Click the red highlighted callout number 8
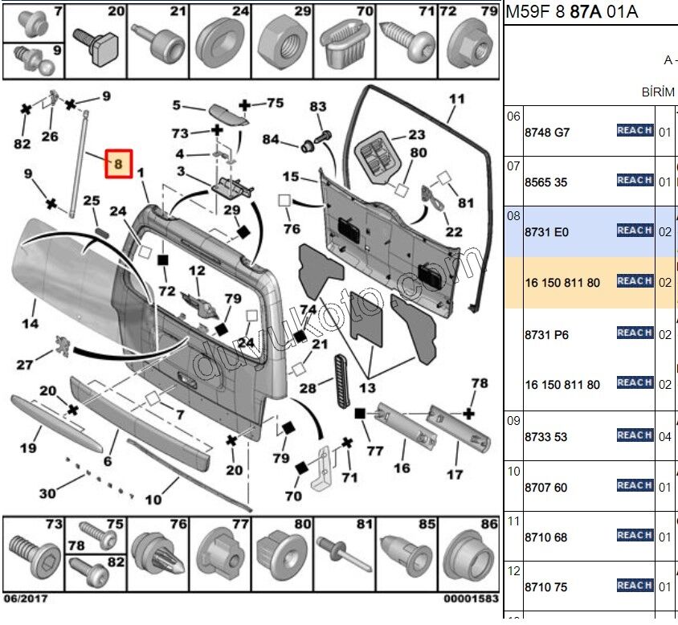118,165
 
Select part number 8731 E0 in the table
546,231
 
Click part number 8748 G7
546,133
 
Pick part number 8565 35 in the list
545,182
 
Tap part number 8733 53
545,437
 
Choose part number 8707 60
545,488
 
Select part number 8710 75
545,587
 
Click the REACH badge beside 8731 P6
635,333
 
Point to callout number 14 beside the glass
29,325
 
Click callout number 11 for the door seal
456,100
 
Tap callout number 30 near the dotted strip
47,493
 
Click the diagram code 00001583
471,598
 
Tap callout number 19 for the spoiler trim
29,448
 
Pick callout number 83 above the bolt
318,107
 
